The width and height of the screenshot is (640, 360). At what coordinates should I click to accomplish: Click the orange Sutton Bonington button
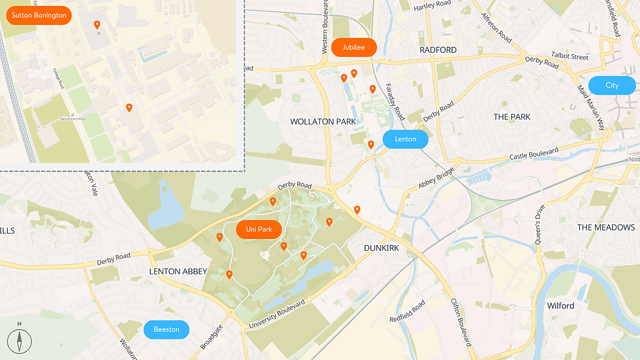pos(39,15)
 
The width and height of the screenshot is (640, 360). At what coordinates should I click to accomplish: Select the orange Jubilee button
pos(353,47)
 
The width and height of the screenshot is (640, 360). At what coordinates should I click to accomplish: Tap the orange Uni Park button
pos(259,229)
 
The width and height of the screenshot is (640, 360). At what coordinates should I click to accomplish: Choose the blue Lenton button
pos(405,139)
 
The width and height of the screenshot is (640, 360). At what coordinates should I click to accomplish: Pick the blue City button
pos(612,86)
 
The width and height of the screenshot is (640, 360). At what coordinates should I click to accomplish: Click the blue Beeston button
pos(167,329)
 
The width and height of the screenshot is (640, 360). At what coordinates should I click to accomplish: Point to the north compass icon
pos(20,340)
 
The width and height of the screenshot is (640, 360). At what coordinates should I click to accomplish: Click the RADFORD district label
pos(438,50)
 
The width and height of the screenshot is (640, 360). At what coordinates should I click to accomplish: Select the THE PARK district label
pos(512,117)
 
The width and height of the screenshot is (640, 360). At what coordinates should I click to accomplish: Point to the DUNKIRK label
pos(381,248)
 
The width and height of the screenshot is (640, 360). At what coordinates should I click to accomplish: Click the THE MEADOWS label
pos(606,227)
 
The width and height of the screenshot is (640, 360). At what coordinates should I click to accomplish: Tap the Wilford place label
pos(560,306)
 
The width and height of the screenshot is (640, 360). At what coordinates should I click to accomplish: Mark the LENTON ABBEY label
pos(178,271)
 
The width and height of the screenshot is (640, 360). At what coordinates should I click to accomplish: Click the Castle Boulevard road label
pos(534,155)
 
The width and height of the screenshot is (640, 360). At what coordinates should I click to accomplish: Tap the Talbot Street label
pos(569,57)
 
